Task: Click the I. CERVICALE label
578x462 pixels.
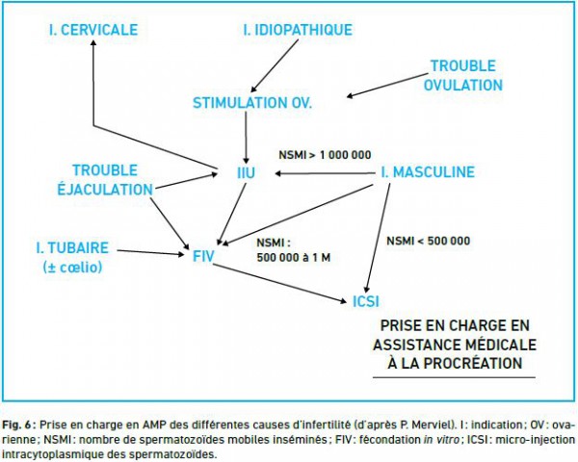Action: (x=93, y=30)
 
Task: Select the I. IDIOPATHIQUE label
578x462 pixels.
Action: (x=298, y=30)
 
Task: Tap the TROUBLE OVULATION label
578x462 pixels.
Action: (x=463, y=75)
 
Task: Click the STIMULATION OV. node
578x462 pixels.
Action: (x=252, y=103)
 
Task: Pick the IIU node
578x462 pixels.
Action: (x=246, y=173)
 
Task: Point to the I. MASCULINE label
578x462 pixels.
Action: (x=428, y=172)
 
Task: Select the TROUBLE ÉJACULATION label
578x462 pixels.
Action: (x=105, y=180)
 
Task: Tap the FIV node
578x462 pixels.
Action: (x=203, y=256)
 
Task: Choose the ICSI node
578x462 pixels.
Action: (x=366, y=301)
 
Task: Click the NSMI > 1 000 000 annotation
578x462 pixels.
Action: (x=325, y=155)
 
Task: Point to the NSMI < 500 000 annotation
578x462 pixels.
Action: (x=428, y=241)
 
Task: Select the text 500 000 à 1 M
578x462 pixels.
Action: (x=294, y=258)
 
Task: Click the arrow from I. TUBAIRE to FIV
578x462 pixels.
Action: (x=150, y=252)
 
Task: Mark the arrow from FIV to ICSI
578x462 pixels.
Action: (x=279, y=283)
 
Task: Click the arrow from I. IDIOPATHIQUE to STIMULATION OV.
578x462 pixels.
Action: (x=275, y=66)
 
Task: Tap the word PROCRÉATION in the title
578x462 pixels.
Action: (x=473, y=363)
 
